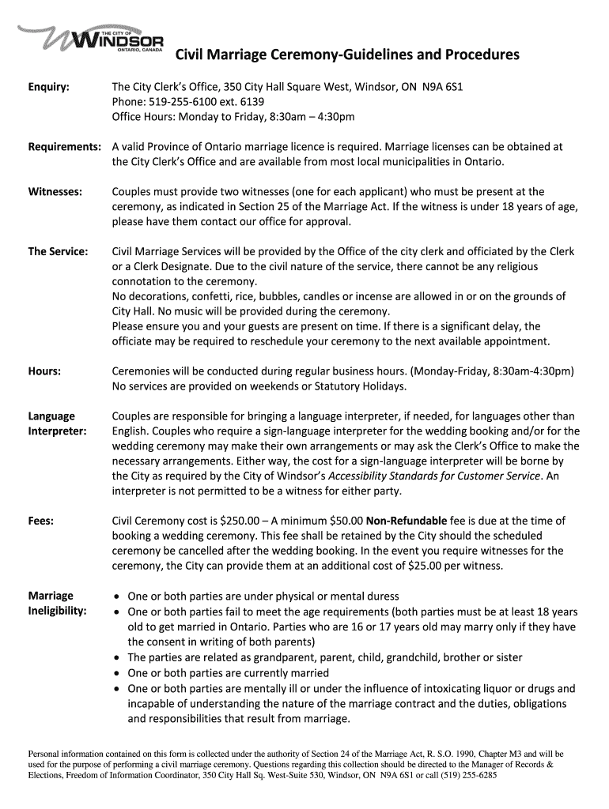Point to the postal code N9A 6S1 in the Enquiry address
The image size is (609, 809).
point(442,87)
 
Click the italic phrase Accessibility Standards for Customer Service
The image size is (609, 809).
point(434,476)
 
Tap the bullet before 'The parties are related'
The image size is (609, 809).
point(118,657)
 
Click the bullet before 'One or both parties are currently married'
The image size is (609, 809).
point(118,673)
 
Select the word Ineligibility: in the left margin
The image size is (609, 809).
point(57,611)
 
